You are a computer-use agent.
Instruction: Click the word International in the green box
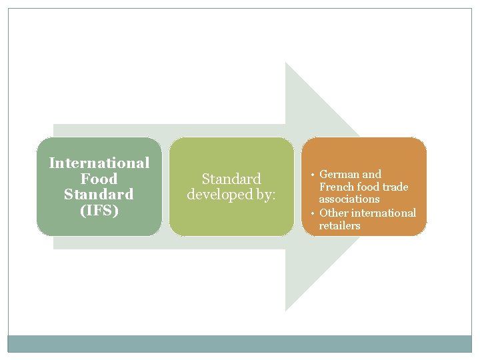pos(99,163)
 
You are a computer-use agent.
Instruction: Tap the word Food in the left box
pos(99,179)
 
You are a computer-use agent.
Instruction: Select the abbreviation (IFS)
pos(99,211)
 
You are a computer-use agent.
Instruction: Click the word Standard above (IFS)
pos(99,195)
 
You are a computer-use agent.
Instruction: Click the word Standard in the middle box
pos(231,179)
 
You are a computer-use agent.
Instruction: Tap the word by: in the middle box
pos(266,195)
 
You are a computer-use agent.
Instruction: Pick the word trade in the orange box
pos(395,187)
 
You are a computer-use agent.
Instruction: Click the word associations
pos(349,199)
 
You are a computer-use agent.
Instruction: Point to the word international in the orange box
pos(384,213)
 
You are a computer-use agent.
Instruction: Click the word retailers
pos(339,226)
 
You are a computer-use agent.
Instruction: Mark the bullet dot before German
pos(312,175)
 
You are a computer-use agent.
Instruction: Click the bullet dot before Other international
pos(312,213)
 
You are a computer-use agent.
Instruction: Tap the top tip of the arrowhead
pos(286,64)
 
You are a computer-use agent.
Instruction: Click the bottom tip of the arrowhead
pos(286,309)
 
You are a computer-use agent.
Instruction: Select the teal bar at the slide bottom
pos(240,343)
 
